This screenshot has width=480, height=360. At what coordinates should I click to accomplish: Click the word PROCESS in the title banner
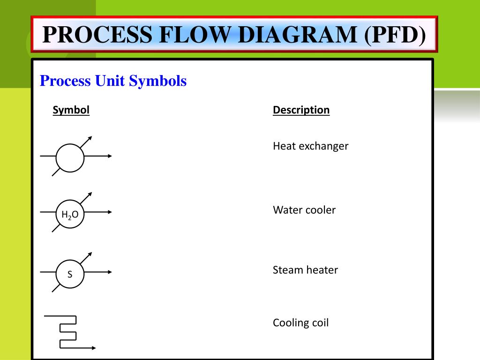(97, 34)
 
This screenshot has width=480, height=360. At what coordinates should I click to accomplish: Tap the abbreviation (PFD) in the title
(395, 35)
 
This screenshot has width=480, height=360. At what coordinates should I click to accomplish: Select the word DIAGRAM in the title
(297, 34)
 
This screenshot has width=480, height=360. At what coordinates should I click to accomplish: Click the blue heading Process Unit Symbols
(113, 81)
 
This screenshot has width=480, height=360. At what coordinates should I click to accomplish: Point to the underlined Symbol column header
(71, 110)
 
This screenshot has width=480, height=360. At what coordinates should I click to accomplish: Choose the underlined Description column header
(301, 110)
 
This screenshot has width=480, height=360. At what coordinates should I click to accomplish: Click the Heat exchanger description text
(310, 146)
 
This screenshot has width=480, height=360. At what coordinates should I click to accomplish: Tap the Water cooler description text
(304, 210)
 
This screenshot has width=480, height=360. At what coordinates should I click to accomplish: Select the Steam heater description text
(305, 270)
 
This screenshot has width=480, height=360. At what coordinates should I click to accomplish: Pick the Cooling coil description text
(300, 322)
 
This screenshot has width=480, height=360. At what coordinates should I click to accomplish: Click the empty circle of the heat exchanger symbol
(70, 158)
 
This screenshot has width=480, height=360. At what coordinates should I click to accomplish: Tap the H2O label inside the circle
(70, 215)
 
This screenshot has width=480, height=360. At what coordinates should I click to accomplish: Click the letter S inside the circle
(70, 274)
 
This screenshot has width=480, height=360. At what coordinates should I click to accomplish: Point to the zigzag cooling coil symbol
(70, 332)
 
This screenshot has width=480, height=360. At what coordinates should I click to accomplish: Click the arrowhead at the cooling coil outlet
(94, 348)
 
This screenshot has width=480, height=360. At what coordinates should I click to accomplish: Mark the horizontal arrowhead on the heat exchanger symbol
(110, 156)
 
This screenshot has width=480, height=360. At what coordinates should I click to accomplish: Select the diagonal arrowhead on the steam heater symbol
(90, 255)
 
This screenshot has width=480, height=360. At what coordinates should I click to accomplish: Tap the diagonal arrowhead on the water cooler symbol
(90, 195)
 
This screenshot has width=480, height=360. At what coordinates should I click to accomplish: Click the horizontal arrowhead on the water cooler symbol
(110, 212)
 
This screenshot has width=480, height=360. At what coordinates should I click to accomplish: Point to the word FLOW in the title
(195, 34)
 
